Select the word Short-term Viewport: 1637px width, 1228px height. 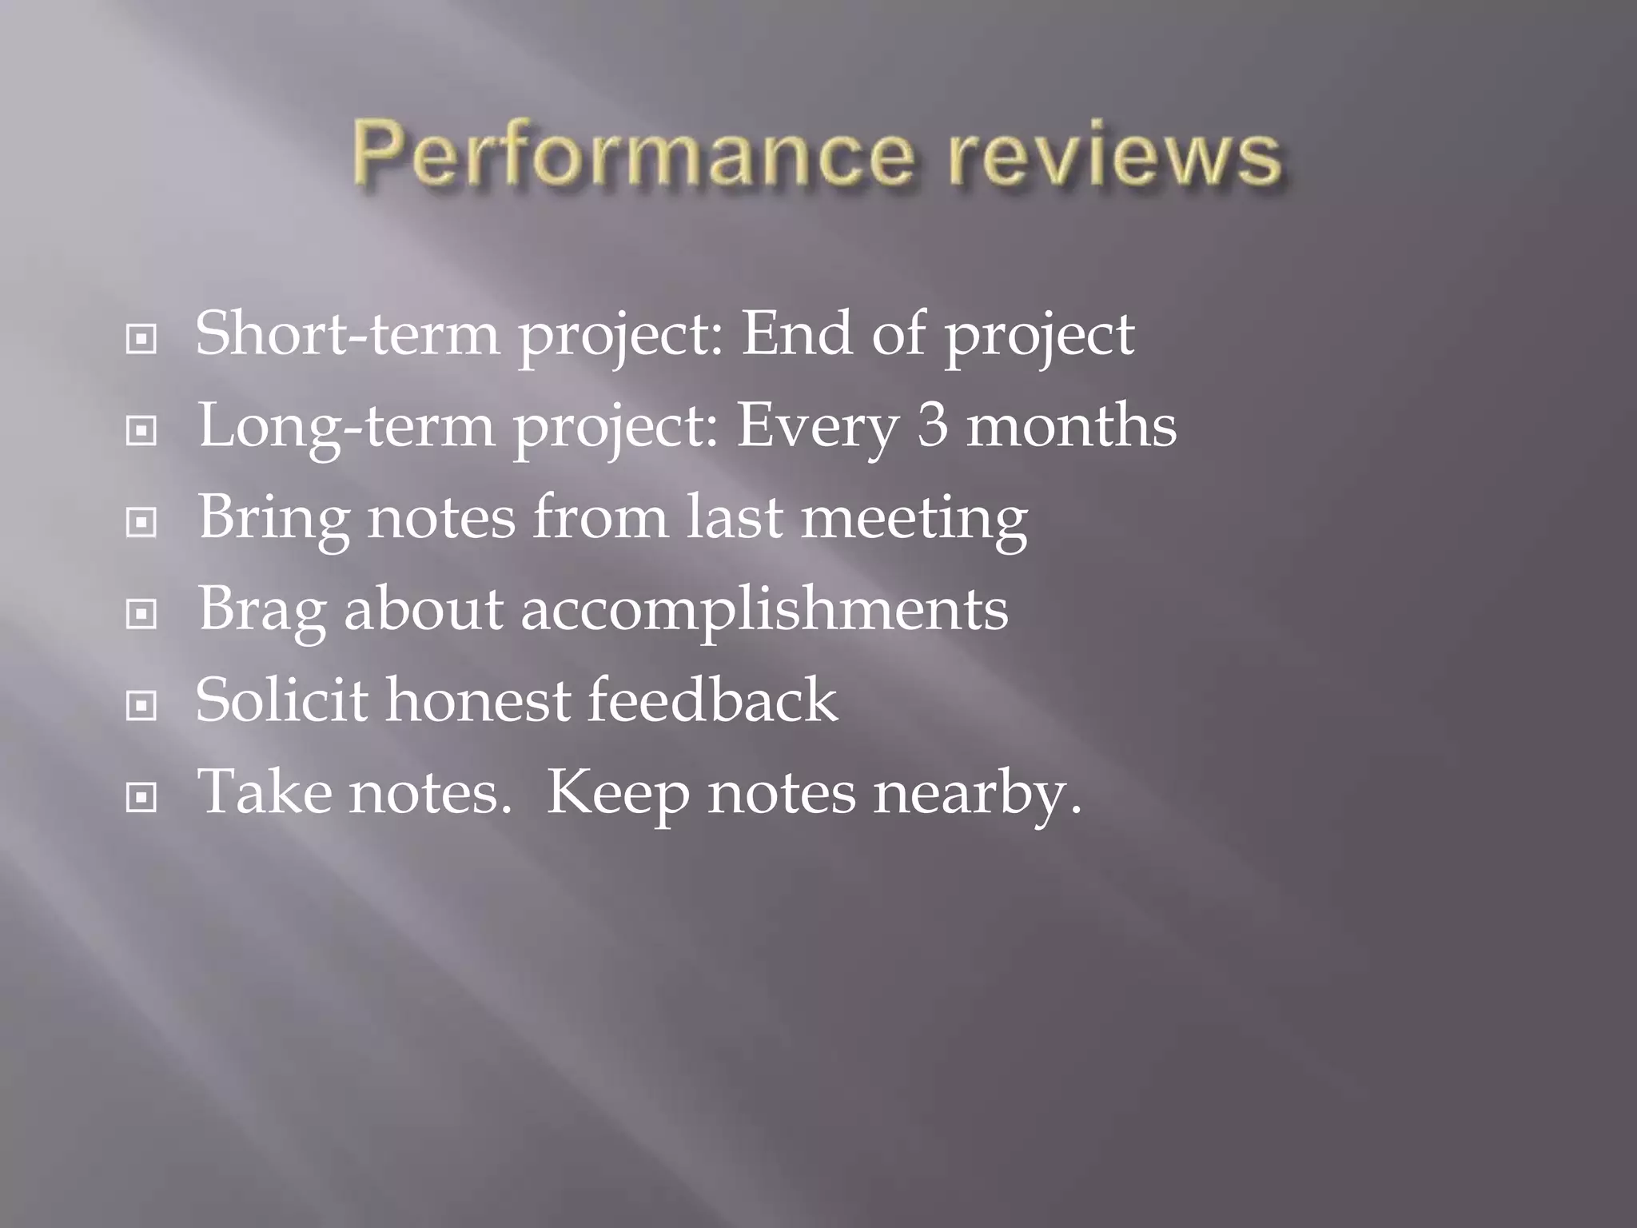point(348,334)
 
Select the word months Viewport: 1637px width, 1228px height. point(1071,426)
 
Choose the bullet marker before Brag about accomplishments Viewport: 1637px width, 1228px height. point(141,615)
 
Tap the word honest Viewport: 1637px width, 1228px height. point(478,701)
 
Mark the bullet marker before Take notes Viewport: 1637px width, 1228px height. point(141,797)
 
